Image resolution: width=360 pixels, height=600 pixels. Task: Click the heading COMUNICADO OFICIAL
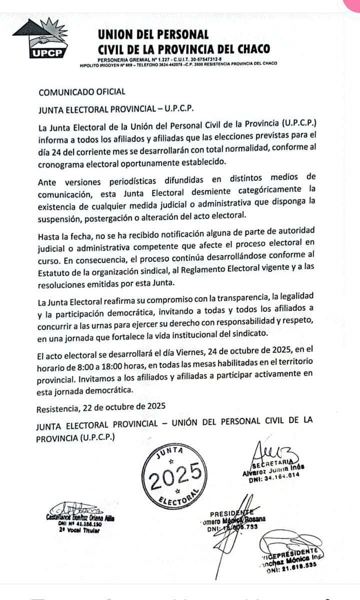tap(82, 91)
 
